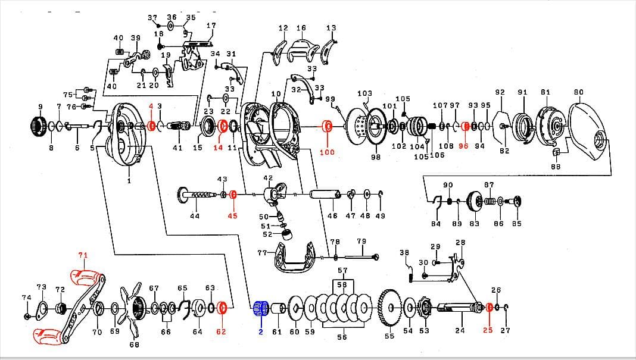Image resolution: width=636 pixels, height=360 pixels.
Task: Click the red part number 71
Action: (83, 255)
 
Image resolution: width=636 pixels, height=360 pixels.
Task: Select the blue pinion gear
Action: (259, 308)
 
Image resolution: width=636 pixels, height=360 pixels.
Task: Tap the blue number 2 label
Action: (260, 331)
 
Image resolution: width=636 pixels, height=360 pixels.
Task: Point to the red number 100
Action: (327, 152)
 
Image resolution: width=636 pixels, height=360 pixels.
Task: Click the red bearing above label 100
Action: (327, 126)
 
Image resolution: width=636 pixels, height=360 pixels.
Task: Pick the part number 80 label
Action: (578, 92)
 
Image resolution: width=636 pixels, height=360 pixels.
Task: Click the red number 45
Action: (232, 216)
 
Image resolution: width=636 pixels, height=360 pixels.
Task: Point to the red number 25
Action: (488, 330)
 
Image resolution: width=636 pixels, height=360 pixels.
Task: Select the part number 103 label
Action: (364, 93)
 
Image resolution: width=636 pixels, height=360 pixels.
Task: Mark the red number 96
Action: (463, 146)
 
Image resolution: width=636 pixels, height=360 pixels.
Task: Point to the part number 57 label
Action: (342, 270)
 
